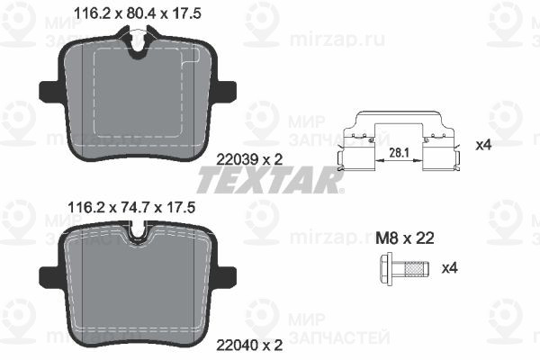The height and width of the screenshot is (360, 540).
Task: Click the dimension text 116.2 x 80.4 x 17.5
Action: tap(138, 13)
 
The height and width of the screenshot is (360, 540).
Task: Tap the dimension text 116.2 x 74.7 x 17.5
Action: tap(132, 208)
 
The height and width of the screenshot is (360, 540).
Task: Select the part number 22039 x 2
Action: tap(249, 159)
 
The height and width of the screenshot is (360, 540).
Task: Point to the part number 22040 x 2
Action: tap(249, 345)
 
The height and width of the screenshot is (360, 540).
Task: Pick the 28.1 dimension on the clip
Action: tap(399, 152)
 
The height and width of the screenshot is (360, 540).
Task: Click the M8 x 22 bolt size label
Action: tap(405, 238)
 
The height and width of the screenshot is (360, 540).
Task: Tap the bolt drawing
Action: tap(404, 268)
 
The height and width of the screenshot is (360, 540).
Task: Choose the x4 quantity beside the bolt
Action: tap(450, 267)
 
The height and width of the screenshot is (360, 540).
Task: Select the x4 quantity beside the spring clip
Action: tap(482, 146)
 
